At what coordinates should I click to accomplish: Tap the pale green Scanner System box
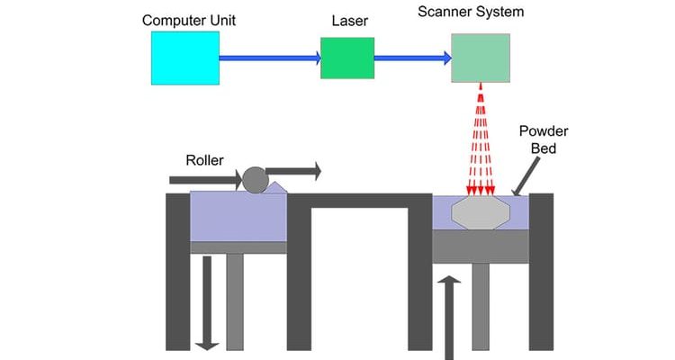point(480,58)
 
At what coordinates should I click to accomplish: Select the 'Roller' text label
point(205,162)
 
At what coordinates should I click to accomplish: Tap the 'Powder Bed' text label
point(544,140)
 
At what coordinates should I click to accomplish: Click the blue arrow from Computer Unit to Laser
point(270,58)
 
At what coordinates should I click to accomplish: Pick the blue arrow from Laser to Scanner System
point(412,58)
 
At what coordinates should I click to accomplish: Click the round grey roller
point(255,180)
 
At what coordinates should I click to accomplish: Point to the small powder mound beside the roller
point(277,187)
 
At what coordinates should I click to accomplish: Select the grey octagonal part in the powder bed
point(481,214)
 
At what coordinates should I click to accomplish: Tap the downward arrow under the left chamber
point(208,301)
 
